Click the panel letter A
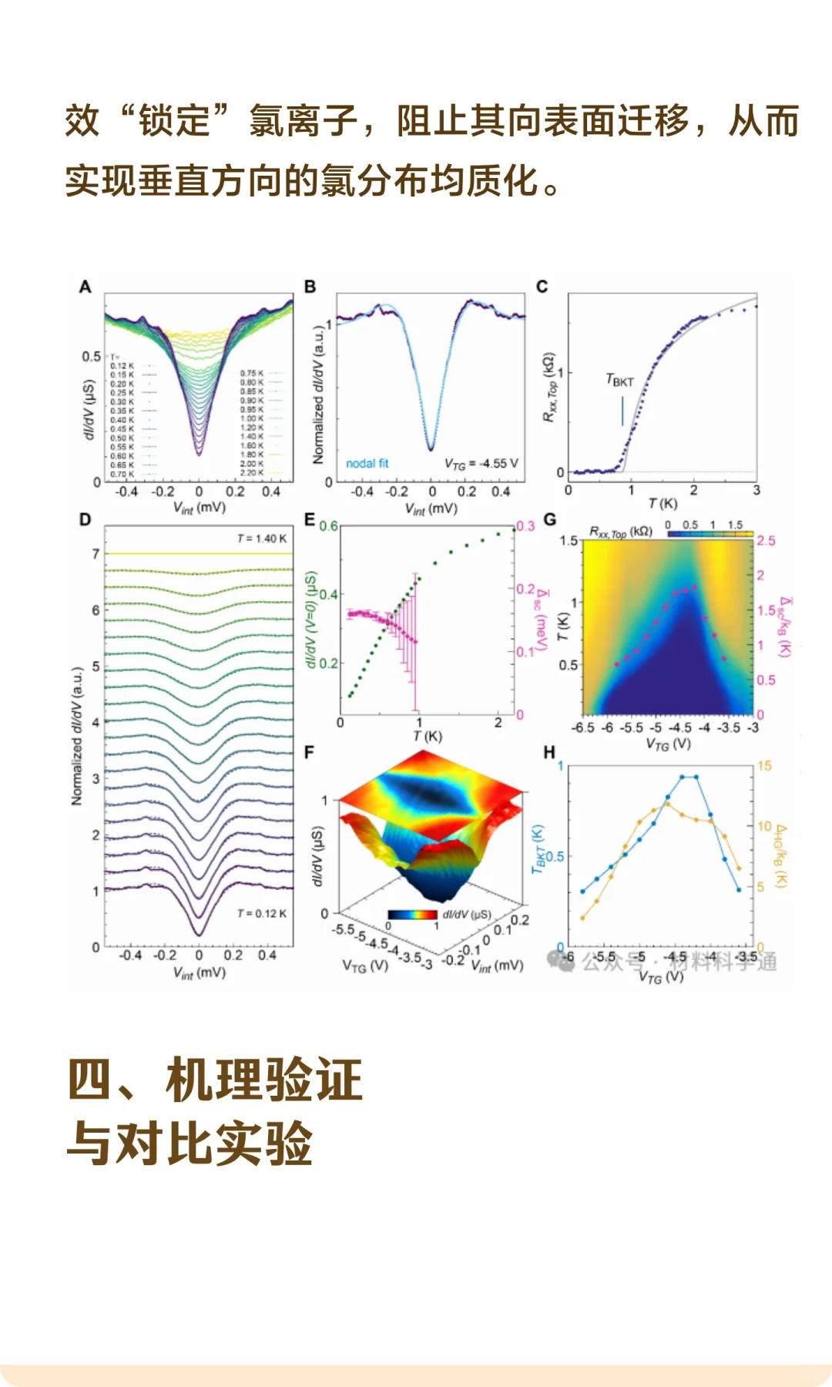85,287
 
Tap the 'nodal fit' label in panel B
367,463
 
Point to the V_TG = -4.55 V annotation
481,463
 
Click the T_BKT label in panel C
619,381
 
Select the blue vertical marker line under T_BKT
622,411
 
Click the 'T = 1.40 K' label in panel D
261,539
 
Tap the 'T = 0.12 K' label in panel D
261,913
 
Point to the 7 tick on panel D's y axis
96,554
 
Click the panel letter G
549,519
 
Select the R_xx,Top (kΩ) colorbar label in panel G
621,532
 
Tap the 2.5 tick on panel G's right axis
766,540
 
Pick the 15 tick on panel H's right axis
763,766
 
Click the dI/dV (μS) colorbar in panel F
412,915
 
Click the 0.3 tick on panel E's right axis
525,526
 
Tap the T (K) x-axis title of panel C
663,503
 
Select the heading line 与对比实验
190,1143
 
